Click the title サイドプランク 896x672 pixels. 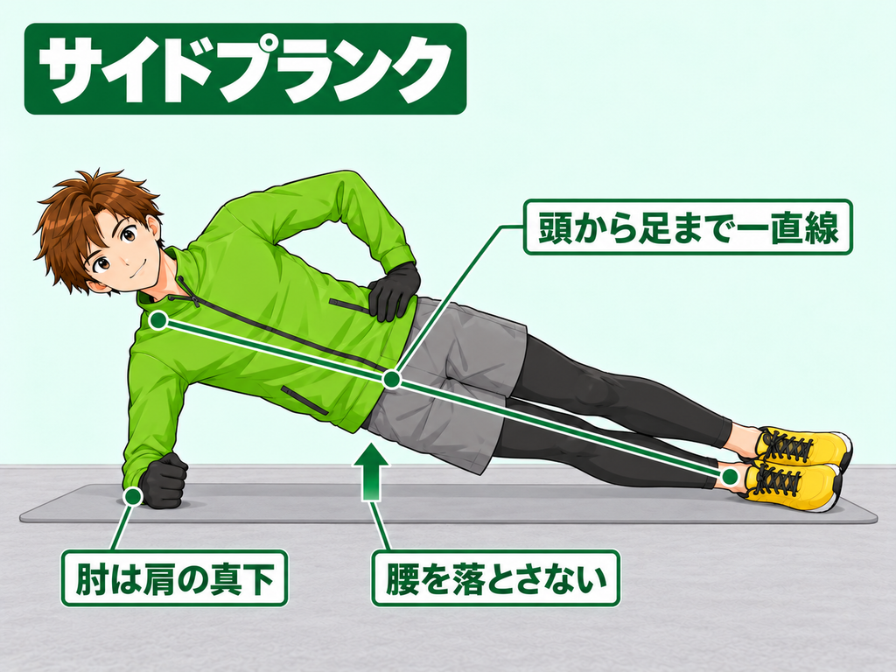click(x=245, y=68)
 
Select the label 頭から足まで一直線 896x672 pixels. click(x=688, y=227)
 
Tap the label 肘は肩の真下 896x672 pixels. click(x=174, y=578)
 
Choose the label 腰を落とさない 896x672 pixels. click(x=495, y=578)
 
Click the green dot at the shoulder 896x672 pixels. click(x=158, y=320)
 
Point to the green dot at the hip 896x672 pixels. click(x=391, y=379)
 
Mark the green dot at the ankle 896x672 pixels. click(x=730, y=477)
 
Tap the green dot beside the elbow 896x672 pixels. click(x=133, y=496)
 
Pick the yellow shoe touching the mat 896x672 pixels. click(x=792, y=486)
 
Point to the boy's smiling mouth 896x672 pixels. click(x=135, y=271)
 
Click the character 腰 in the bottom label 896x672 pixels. click(x=401, y=578)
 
